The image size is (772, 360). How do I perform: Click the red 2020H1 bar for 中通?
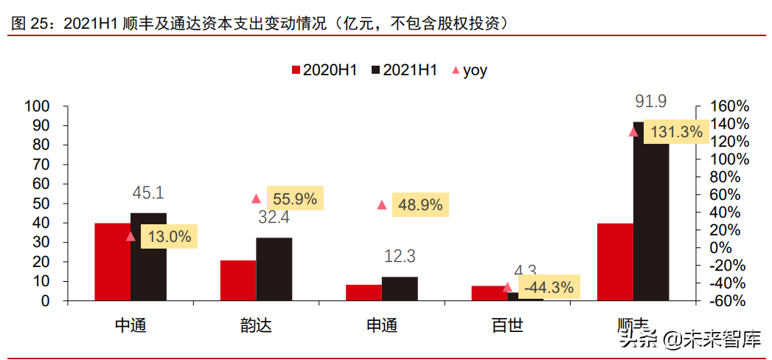pos(113,262)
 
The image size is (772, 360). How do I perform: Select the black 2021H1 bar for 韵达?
pos(274,269)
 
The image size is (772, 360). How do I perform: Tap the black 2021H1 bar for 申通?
pos(400,288)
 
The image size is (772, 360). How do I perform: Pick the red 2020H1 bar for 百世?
pos(489,293)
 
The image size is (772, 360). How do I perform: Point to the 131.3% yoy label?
pos(677,132)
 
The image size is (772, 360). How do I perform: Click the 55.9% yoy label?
pos(295,198)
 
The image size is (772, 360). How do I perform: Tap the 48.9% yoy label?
pos(420,205)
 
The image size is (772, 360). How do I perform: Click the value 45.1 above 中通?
pos(147,194)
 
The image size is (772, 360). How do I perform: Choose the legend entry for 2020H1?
pos(324,71)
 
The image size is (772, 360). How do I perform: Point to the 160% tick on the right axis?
pos(728,106)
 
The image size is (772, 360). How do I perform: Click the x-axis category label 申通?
pos(381,325)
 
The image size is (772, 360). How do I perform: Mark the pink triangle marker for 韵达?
pos(256,198)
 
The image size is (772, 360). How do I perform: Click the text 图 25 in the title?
pos(28,24)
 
